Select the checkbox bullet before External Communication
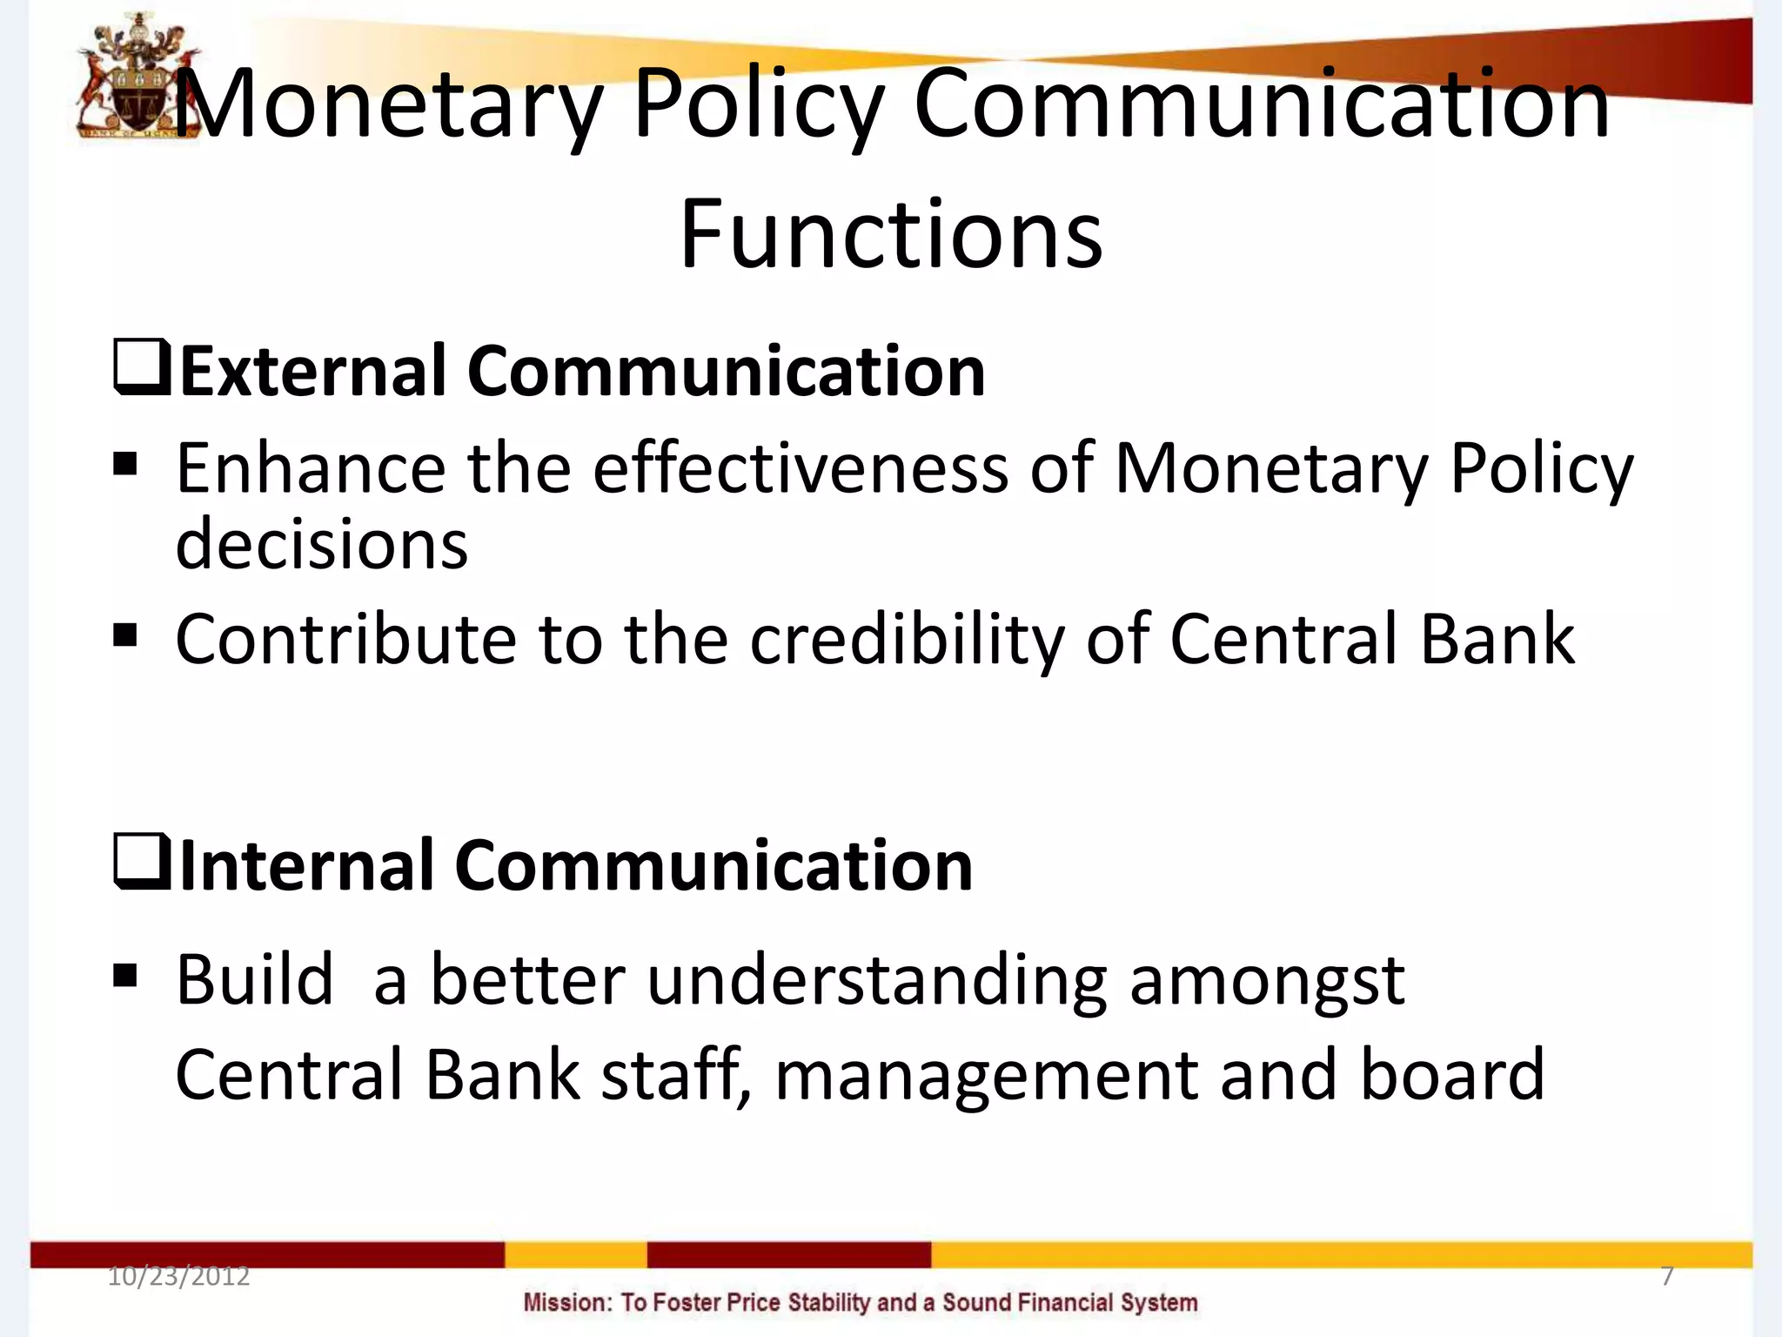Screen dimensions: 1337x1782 coord(141,368)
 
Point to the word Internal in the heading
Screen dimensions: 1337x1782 coord(306,866)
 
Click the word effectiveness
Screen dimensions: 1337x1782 coord(801,470)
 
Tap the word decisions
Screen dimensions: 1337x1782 coord(321,545)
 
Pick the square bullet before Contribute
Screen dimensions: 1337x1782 coord(125,635)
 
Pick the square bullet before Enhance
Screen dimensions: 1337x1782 coord(125,464)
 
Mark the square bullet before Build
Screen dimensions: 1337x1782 coord(125,976)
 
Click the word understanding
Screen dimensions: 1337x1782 coord(876,982)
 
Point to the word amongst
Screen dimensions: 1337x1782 coord(1267,982)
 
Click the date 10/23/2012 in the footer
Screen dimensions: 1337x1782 coord(178,1276)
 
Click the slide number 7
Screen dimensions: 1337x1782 coord(1667,1276)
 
